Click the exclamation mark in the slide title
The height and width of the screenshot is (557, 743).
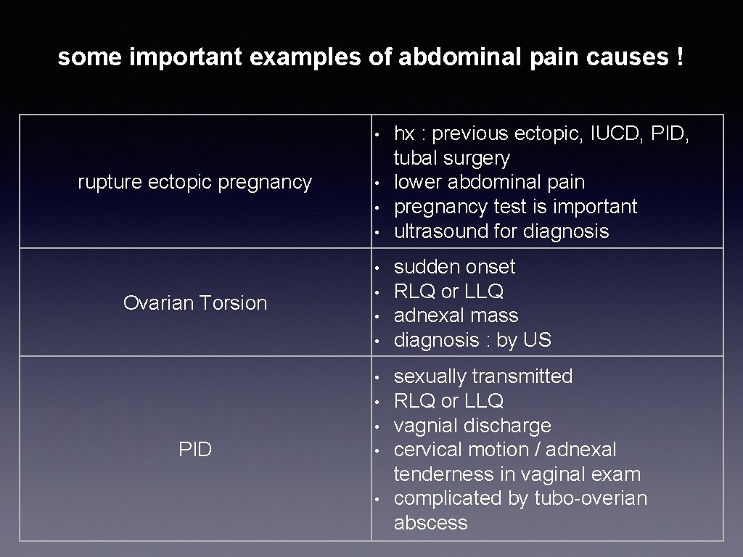[x=678, y=57]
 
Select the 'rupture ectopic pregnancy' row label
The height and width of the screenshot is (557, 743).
[x=194, y=182]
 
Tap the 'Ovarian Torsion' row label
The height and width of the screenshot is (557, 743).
[x=194, y=302]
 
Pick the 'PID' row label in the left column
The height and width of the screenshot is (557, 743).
[x=194, y=450]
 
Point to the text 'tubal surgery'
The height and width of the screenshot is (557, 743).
[x=451, y=158]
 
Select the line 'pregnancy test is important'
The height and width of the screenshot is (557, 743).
[x=515, y=207]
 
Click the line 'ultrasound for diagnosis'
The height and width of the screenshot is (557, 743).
[x=501, y=231]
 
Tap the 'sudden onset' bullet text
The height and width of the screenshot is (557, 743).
[x=454, y=267]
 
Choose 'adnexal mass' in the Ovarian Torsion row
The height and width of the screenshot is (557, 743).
[x=456, y=315]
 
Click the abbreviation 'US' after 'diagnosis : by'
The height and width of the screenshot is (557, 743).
[x=540, y=340]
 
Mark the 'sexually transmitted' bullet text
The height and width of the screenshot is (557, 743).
[x=483, y=376]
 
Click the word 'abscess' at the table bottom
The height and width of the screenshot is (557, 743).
[x=430, y=523]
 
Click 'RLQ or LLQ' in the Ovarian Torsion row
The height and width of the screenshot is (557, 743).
[x=448, y=292]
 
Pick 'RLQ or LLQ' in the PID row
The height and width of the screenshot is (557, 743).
[x=448, y=401]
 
